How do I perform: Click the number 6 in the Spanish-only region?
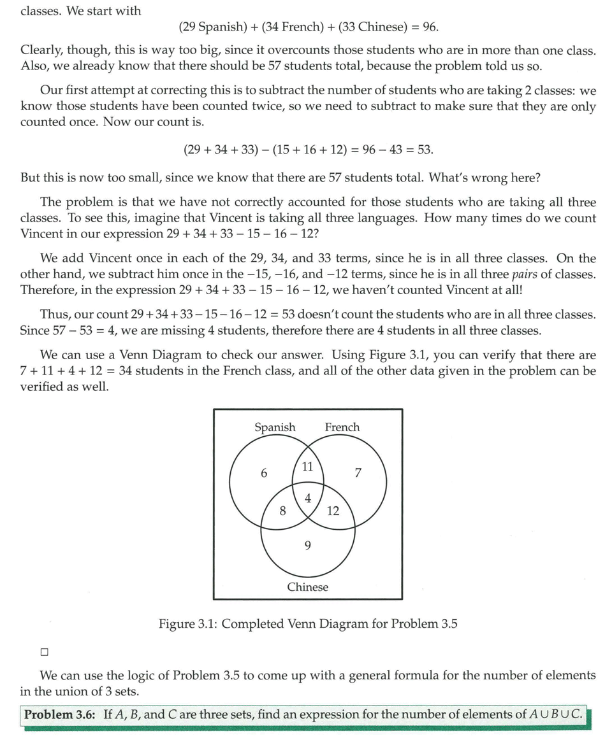pyautogui.click(x=264, y=473)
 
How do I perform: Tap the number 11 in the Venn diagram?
pyautogui.click(x=307, y=467)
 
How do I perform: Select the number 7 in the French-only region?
pyautogui.click(x=358, y=473)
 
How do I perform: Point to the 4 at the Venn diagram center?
pyautogui.click(x=308, y=499)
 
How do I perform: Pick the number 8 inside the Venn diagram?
pyautogui.click(x=282, y=510)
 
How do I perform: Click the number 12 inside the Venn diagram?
pyautogui.click(x=333, y=511)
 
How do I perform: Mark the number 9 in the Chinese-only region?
pyautogui.click(x=308, y=545)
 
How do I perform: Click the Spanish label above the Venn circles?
pyautogui.click(x=275, y=427)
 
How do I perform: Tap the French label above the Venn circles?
pyautogui.click(x=342, y=427)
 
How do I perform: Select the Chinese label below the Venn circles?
pyautogui.click(x=308, y=587)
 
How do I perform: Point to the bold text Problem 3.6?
pyautogui.click(x=59, y=714)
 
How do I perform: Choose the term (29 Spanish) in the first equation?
pyautogui.click(x=213, y=27)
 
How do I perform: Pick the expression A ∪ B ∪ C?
pyautogui.click(x=555, y=714)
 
